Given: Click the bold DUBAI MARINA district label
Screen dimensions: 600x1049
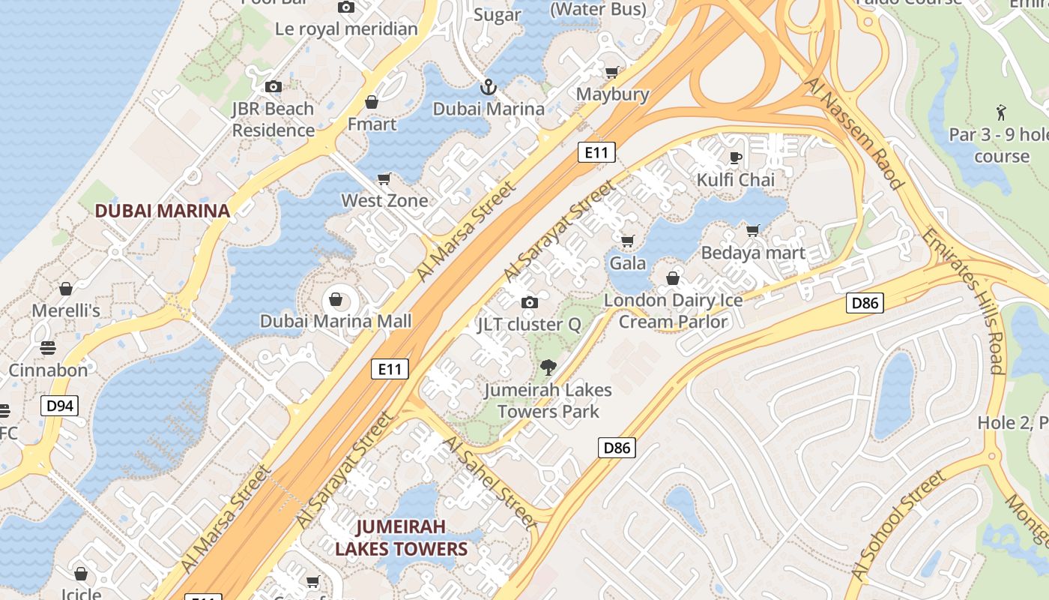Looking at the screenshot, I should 162,211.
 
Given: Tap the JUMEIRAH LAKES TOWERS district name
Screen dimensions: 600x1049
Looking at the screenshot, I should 401,538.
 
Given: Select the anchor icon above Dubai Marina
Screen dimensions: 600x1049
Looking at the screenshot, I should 489,87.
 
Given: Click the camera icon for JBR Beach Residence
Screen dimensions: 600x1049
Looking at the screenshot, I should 273,86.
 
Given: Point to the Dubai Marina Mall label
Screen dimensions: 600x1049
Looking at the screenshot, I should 336,322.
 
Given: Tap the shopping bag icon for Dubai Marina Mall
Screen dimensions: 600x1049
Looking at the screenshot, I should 336,300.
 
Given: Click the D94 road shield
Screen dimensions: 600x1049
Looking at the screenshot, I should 59,406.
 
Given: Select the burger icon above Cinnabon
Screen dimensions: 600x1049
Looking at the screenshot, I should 48,348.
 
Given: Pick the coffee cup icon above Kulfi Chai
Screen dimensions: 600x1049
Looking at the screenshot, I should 736,157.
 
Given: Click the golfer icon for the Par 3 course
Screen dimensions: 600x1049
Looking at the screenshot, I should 1001,113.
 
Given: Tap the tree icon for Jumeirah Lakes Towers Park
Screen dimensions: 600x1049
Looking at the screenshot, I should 548,367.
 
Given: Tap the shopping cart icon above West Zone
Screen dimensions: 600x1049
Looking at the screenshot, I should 384,178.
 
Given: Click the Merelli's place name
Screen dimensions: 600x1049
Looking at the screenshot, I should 66,310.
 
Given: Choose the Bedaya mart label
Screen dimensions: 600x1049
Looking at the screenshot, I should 753,253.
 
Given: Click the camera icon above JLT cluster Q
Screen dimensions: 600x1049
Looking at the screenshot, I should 530,302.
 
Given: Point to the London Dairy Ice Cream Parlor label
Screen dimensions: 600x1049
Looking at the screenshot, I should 673,311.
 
